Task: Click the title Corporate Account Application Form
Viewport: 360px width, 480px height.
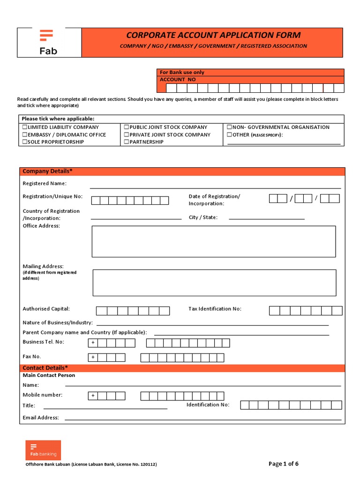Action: [213, 35]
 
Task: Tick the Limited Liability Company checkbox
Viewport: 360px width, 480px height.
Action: [25, 127]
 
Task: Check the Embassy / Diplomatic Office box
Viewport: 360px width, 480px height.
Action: [25, 135]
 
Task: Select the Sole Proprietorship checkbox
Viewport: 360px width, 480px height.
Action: [25, 142]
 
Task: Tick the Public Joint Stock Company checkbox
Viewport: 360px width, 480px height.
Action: [127, 127]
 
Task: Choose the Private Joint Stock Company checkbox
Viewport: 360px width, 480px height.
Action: [127, 135]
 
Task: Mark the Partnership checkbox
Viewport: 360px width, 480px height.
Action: [127, 142]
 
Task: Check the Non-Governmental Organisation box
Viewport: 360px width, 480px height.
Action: [229, 127]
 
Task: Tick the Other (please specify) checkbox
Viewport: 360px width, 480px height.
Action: [229, 135]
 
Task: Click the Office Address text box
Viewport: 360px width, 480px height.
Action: [214, 241]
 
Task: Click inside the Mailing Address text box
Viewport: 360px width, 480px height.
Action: [214, 283]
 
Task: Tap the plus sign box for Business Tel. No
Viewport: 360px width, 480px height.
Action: [93, 343]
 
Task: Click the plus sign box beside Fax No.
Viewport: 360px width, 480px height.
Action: [93, 358]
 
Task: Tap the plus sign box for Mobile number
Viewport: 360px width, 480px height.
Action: [93, 396]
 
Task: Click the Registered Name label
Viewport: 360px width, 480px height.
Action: [45, 184]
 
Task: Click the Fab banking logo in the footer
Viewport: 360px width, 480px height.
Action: [43, 450]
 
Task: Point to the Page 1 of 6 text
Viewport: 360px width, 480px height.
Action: [283, 464]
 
